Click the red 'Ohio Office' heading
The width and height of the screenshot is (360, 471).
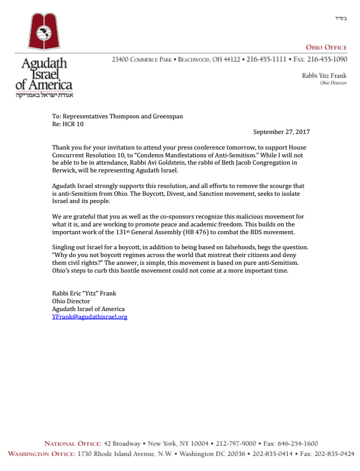[x=326, y=47]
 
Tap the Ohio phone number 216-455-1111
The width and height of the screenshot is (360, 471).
[x=266, y=60]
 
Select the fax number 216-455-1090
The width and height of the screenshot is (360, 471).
[x=327, y=60]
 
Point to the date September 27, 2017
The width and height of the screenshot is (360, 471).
[x=282, y=132]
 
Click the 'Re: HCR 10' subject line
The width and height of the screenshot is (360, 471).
[x=68, y=124]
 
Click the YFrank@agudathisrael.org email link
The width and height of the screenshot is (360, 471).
[x=89, y=316]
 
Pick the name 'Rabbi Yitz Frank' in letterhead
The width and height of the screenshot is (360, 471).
[x=324, y=75]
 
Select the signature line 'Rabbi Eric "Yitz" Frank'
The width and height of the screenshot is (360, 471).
[x=84, y=293]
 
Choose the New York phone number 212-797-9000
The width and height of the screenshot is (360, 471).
[x=236, y=443]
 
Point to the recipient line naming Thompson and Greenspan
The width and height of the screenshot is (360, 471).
[x=117, y=116]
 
